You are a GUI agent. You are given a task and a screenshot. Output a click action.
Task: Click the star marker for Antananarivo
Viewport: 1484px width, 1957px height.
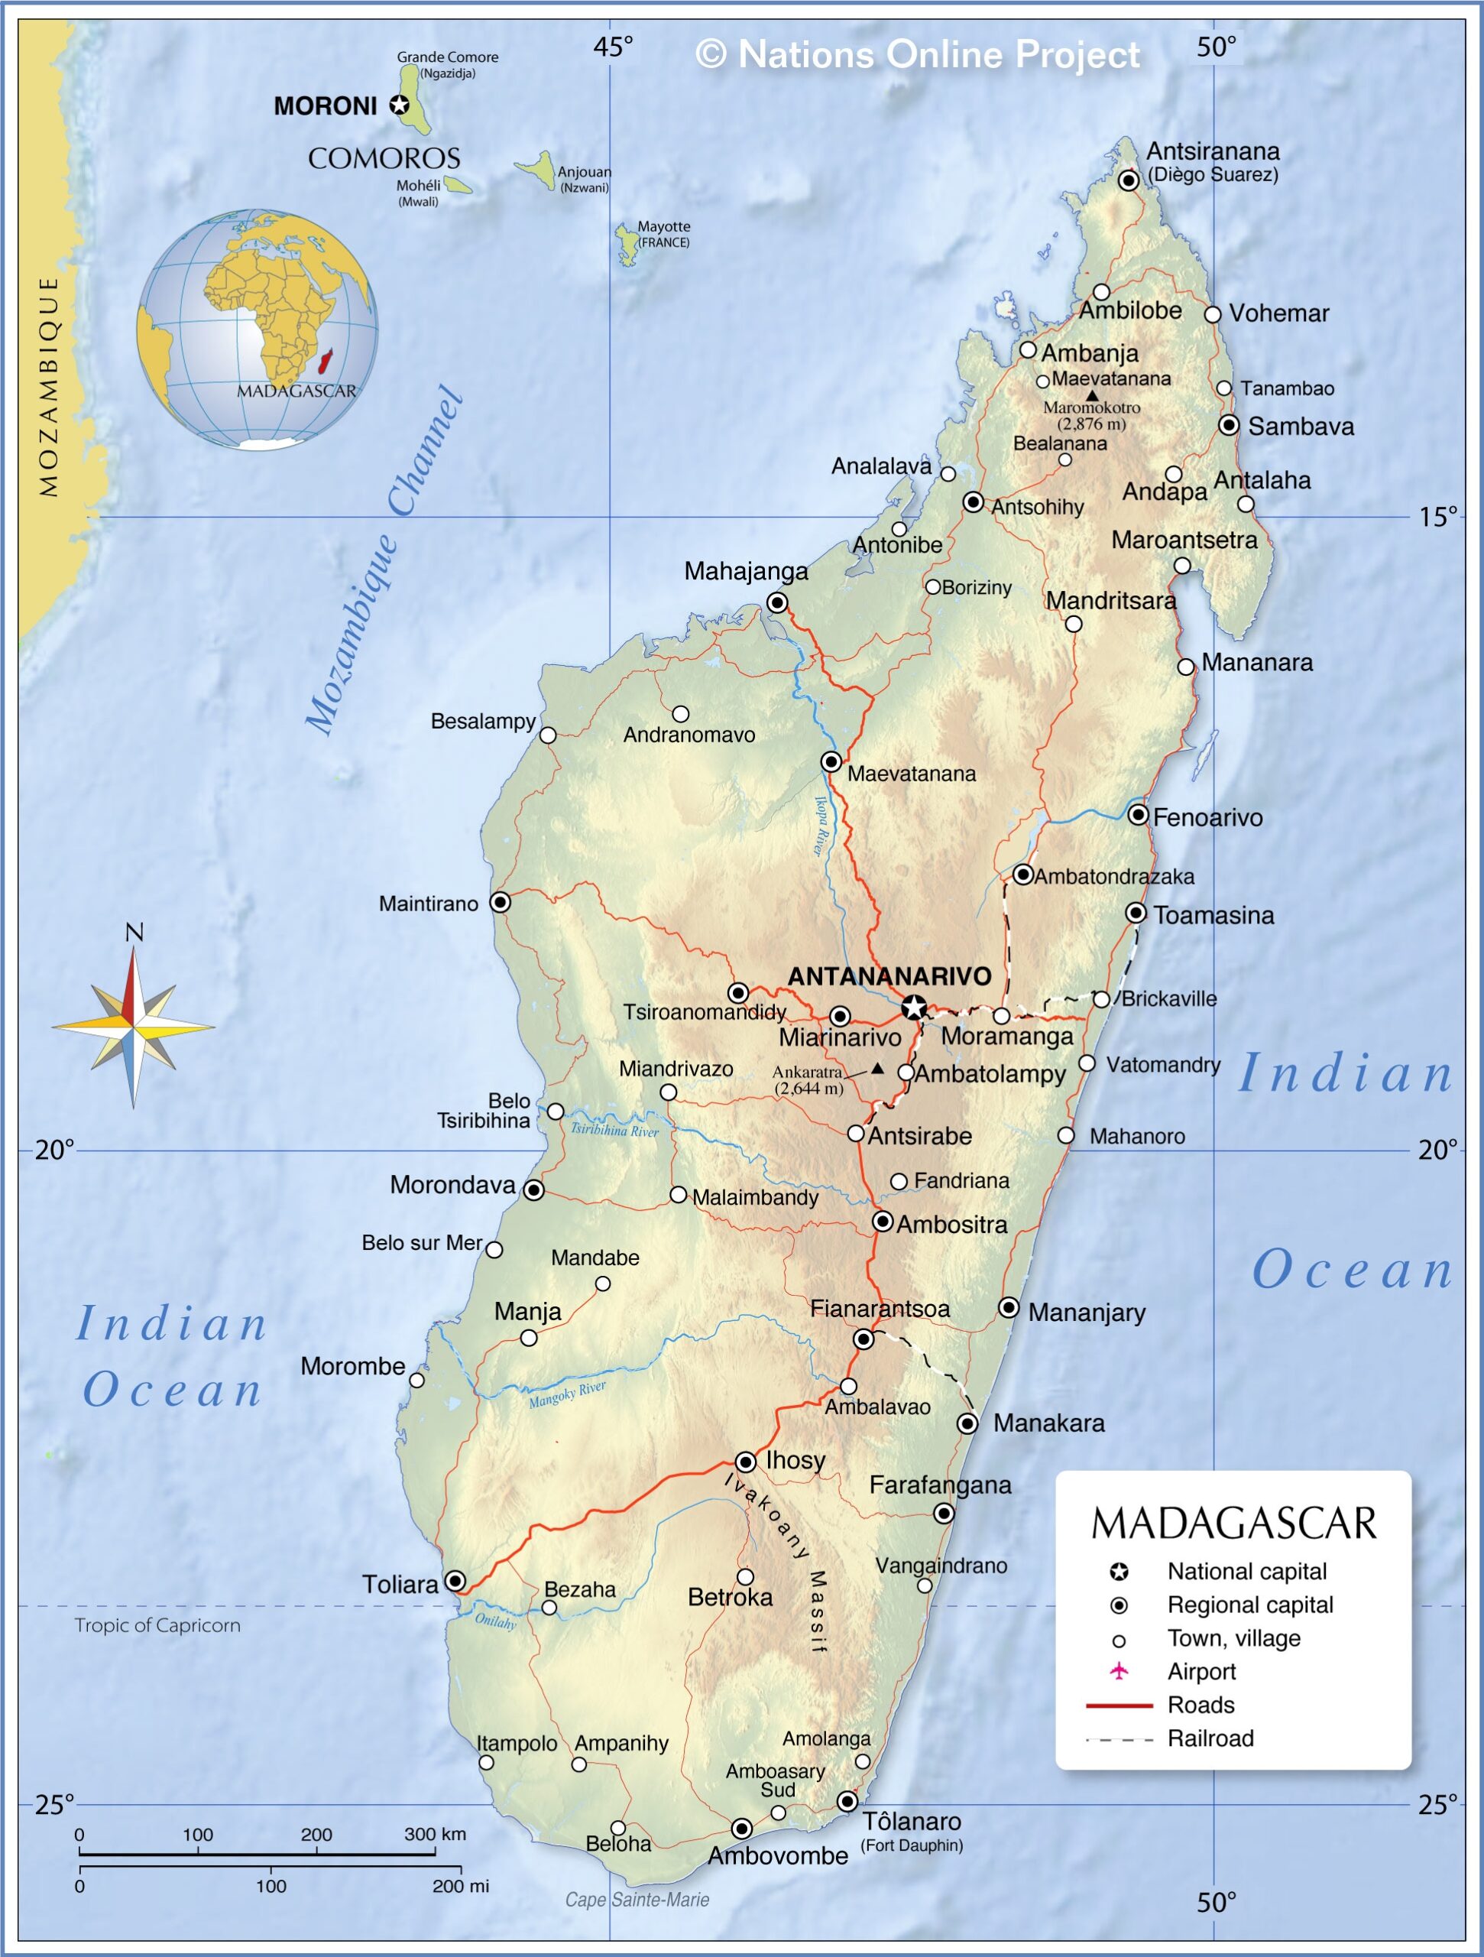[x=914, y=1007]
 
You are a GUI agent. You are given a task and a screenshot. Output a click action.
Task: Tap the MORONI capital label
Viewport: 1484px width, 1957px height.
[x=326, y=106]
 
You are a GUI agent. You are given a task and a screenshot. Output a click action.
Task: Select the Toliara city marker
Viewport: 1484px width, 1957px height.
[x=455, y=1581]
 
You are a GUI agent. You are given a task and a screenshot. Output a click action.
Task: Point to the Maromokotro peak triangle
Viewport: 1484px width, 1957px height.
[x=1092, y=395]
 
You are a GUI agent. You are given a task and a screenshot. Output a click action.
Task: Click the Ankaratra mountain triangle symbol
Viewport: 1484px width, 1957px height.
[x=876, y=1068]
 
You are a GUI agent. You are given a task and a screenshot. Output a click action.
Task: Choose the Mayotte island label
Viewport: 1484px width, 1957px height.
[x=663, y=226]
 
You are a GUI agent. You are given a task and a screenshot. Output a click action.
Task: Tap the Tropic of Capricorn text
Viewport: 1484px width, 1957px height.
[x=157, y=1625]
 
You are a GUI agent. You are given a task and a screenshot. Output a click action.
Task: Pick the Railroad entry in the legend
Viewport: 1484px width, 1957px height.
[x=1210, y=1738]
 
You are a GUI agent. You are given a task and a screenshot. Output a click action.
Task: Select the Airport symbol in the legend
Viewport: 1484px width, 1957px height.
[x=1119, y=1671]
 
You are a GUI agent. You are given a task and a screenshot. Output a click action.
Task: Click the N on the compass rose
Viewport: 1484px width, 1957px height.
[x=134, y=932]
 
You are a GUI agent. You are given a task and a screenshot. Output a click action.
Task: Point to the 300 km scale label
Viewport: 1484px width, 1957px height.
[x=434, y=1834]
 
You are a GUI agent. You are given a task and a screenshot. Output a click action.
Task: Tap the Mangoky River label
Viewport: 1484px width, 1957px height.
[x=567, y=1394]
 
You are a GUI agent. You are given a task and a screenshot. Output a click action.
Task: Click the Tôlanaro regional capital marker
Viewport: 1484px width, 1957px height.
[x=847, y=1801]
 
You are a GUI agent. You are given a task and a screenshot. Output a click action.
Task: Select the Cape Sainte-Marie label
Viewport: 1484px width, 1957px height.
[x=637, y=1900]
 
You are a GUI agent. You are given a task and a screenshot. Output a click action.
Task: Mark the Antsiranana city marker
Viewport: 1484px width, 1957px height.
[x=1129, y=180]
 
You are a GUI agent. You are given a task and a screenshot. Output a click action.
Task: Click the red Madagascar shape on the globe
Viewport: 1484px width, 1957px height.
[x=325, y=360]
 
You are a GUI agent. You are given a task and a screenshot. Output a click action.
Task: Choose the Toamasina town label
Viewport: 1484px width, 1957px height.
[x=1213, y=915]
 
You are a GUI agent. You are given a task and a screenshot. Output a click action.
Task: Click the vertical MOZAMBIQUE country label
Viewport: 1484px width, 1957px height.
[x=49, y=387]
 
